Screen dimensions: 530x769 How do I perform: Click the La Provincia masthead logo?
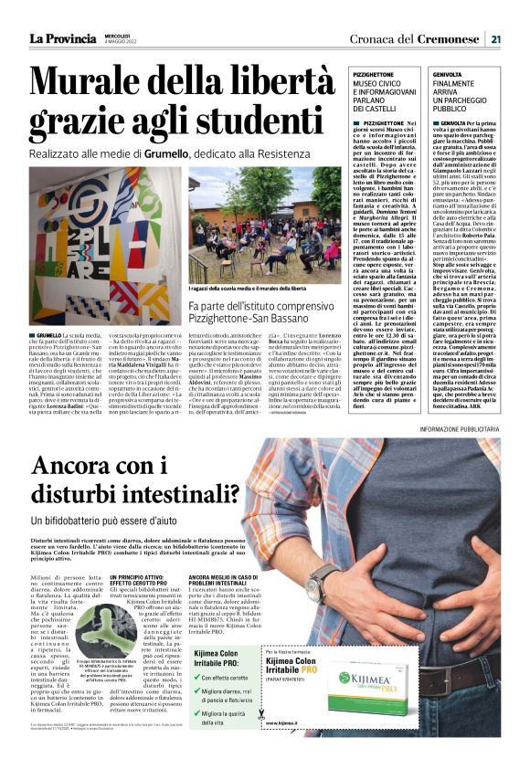point(62,38)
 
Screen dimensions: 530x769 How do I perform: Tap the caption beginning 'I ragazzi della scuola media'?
point(261,289)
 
